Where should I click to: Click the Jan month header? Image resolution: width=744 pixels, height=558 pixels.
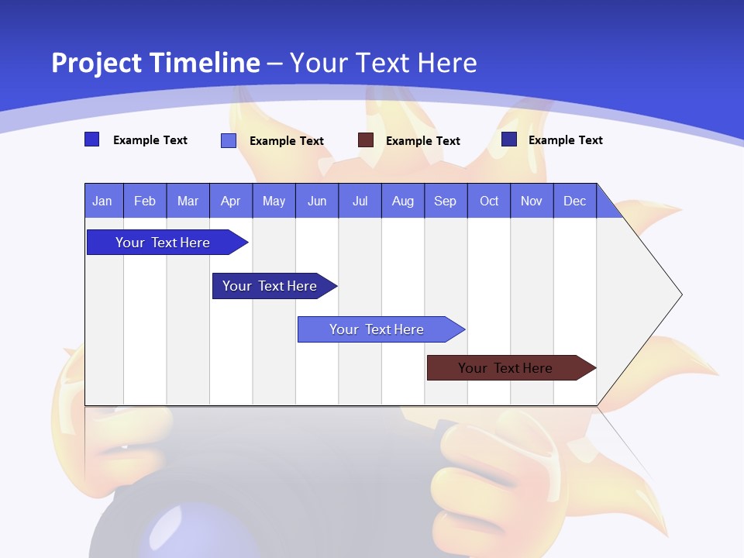click(102, 201)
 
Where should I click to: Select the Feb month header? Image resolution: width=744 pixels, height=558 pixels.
click(145, 201)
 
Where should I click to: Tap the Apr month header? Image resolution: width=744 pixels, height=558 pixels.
click(230, 201)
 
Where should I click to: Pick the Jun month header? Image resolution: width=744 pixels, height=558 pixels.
click(317, 201)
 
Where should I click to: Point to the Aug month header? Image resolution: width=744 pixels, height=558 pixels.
click(402, 201)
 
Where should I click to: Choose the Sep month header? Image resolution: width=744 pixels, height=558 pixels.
click(445, 201)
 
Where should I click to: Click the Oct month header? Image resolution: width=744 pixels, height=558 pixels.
click(489, 201)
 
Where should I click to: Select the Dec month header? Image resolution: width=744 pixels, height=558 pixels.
click(574, 201)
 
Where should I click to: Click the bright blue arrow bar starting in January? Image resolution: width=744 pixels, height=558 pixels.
click(163, 243)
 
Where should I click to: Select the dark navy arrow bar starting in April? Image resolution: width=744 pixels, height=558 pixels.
click(270, 286)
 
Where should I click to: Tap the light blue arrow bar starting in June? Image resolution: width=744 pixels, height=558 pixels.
click(377, 329)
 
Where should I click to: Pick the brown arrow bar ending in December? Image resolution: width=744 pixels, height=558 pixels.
click(505, 368)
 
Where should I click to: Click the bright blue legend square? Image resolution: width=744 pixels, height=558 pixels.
click(91, 139)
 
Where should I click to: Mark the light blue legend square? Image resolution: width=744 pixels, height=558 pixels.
click(229, 140)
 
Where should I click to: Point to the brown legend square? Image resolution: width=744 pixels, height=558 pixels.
click(366, 140)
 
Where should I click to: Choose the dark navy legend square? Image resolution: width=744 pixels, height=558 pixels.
click(509, 139)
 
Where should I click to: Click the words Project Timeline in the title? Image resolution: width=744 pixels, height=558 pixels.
click(156, 63)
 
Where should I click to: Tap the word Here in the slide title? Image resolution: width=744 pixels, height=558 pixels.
click(446, 63)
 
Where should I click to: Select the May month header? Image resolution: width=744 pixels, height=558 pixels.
click(274, 201)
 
